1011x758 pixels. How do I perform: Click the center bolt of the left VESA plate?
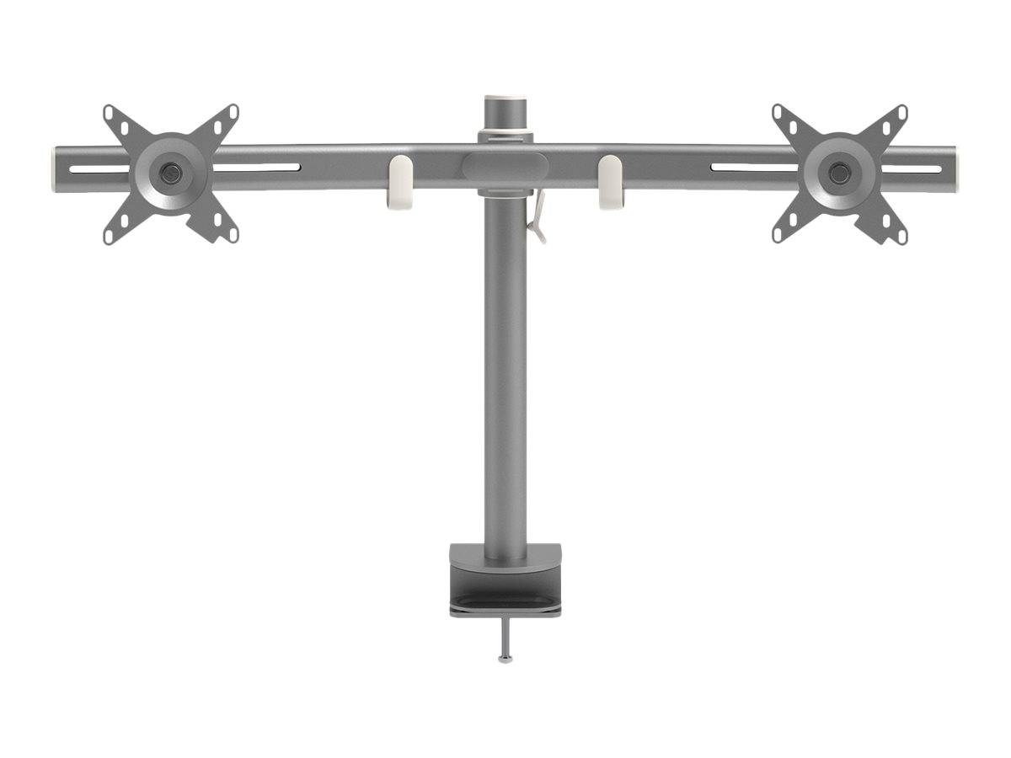pyautogui.click(x=171, y=173)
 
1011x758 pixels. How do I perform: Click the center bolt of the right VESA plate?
pyautogui.click(x=839, y=173)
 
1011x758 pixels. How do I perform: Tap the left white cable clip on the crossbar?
pyautogui.click(x=400, y=182)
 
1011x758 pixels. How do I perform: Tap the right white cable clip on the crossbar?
pyautogui.click(x=611, y=182)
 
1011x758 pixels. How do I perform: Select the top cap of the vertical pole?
pyautogui.click(x=505, y=100)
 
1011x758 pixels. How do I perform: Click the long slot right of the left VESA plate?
pyautogui.click(x=256, y=167)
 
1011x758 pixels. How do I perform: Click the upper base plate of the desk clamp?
pyautogui.click(x=505, y=557)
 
